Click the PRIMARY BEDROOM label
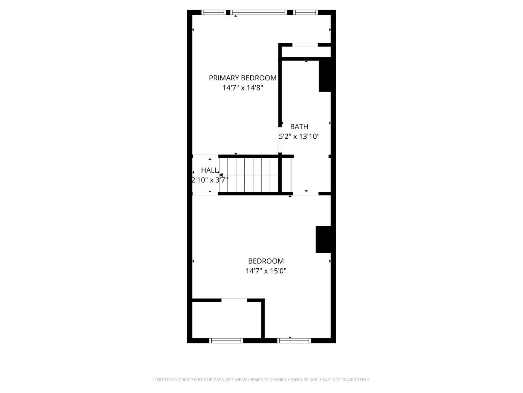(x=243, y=78)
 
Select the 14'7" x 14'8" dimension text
(x=243, y=88)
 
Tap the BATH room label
(x=299, y=126)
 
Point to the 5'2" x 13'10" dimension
(x=299, y=136)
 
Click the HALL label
(x=210, y=170)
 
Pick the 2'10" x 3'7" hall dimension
(x=210, y=180)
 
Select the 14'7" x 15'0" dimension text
(x=266, y=271)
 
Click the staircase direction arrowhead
(x=221, y=175)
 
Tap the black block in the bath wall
(x=325, y=76)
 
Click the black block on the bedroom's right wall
(x=323, y=239)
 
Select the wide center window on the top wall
(x=258, y=13)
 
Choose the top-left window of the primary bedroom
(x=214, y=13)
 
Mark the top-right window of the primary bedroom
(x=305, y=13)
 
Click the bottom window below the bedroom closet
(x=226, y=341)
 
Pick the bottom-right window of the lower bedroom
(x=294, y=341)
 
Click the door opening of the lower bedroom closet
(x=234, y=300)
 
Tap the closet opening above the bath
(x=305, y=45)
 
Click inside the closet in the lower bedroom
(x=227, y=320)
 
